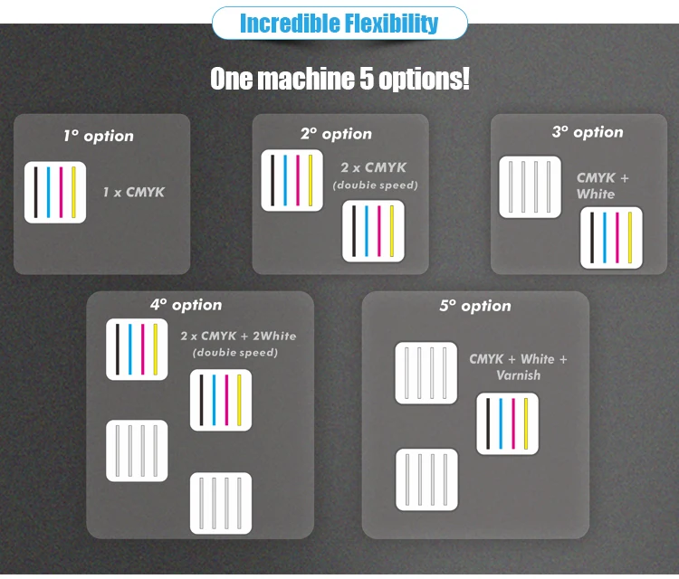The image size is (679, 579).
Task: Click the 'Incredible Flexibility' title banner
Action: [339, 23]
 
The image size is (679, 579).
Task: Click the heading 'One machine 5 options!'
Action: [339, 79]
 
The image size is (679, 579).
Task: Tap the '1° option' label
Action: [98, 136]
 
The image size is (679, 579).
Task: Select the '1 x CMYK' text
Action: [133, 192]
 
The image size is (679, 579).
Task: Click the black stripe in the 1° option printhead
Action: [34, 192]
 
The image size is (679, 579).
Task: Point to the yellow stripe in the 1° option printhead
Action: [74, 192]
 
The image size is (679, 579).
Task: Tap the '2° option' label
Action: [336, 134]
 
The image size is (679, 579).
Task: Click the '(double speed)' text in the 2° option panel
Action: [375, 185]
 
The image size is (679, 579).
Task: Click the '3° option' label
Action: [588, 132]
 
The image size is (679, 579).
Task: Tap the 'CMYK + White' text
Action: [602, 185]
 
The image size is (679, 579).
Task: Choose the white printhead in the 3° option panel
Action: [530, 186]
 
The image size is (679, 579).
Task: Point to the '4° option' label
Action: [186, 305]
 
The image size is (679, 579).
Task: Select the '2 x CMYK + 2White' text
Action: [238, 336]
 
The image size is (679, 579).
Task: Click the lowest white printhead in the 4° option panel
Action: [221, 502]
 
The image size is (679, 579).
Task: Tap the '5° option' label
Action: [475, 306]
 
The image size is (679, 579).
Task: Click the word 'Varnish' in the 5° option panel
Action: [518, 375]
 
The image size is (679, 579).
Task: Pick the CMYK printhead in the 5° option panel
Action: [507, 423]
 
